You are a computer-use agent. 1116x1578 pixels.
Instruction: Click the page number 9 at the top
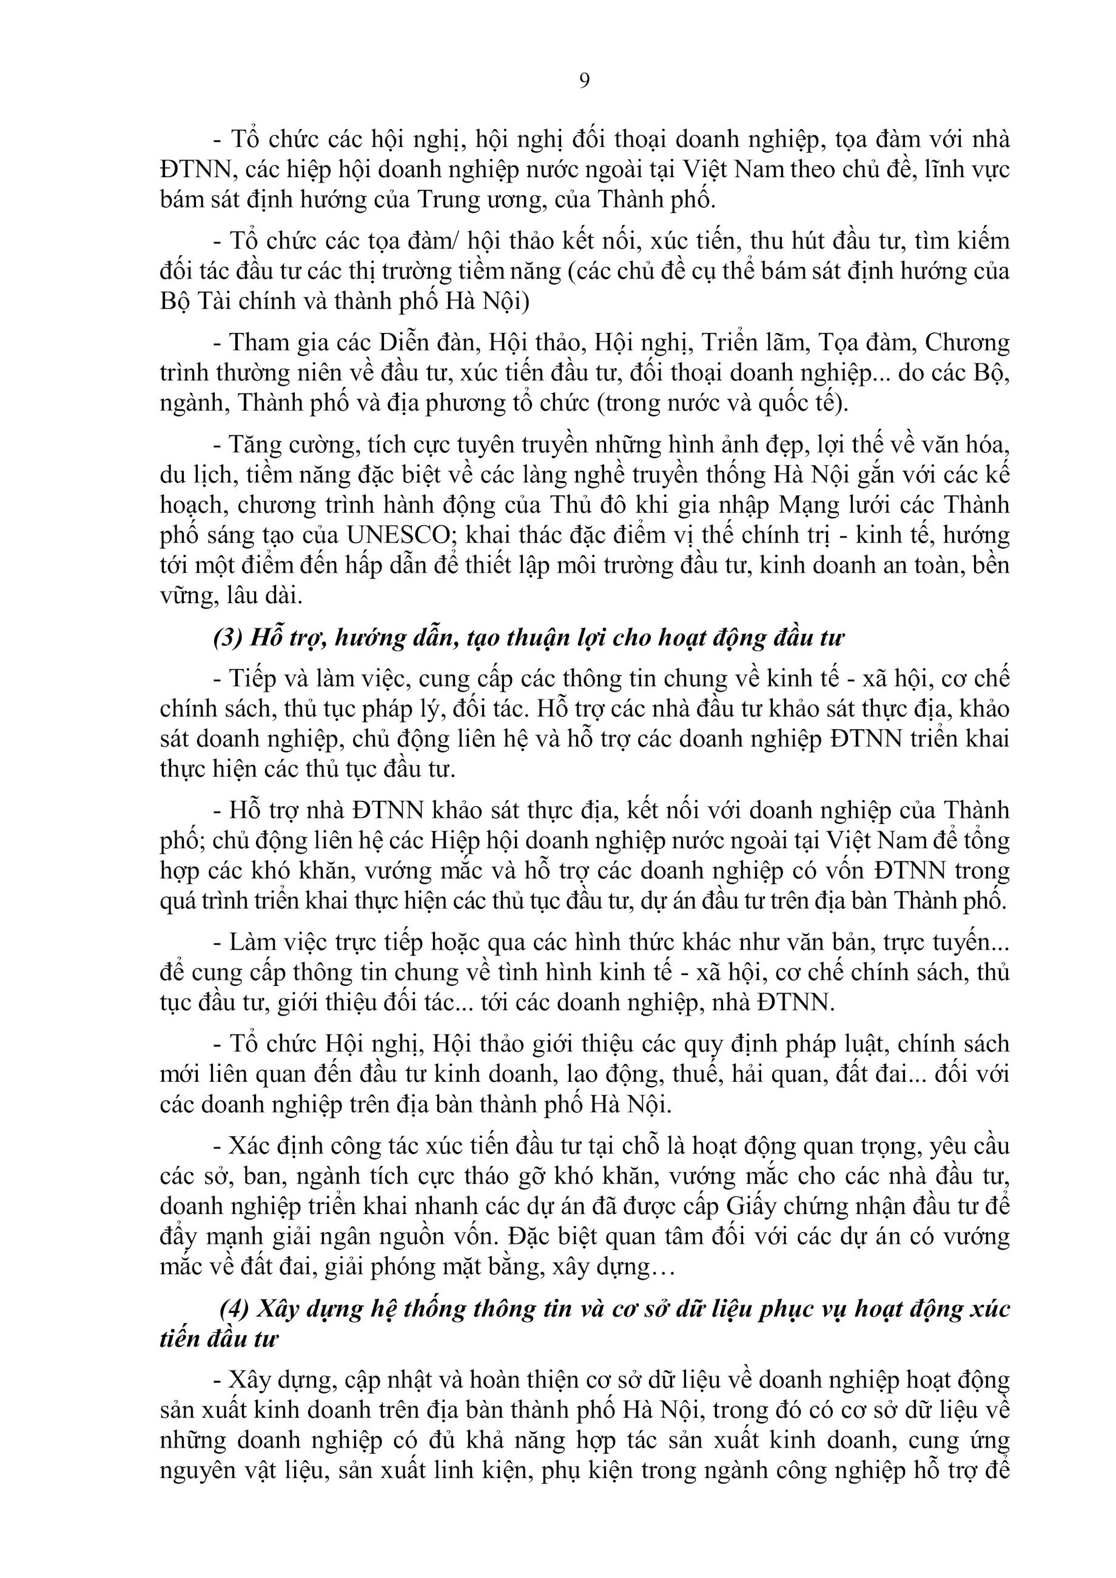click(x=584, y=81)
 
